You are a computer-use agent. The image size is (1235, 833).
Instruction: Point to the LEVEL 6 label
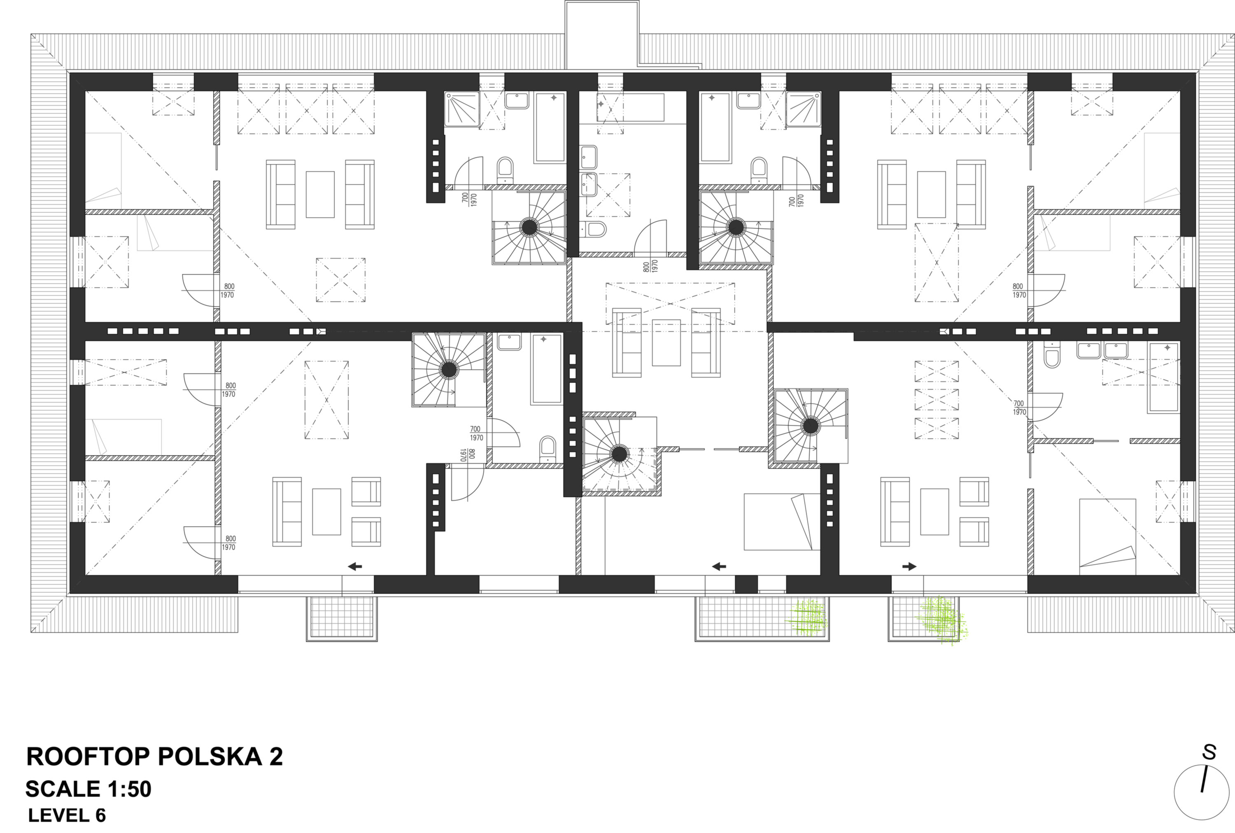[x=67, y=815]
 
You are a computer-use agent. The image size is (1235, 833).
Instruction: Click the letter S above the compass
[x=1209, y=752]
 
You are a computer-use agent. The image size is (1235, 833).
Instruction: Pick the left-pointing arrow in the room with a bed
[x=719, y=566]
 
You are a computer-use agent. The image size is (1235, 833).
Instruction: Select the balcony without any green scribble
[x=342, y=619]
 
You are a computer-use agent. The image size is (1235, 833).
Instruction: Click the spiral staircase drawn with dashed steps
[x=620, y=454]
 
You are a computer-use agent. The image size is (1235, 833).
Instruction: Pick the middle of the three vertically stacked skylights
[x=937, y=400]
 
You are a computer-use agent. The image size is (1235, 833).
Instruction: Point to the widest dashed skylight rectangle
[x=670, y=303]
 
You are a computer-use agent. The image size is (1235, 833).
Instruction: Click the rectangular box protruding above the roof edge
[x=601, y=35]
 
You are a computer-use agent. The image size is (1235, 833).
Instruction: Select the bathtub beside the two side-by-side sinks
[x=1164, y=378]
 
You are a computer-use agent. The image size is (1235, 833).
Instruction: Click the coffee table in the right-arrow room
[x=934, y=512]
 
